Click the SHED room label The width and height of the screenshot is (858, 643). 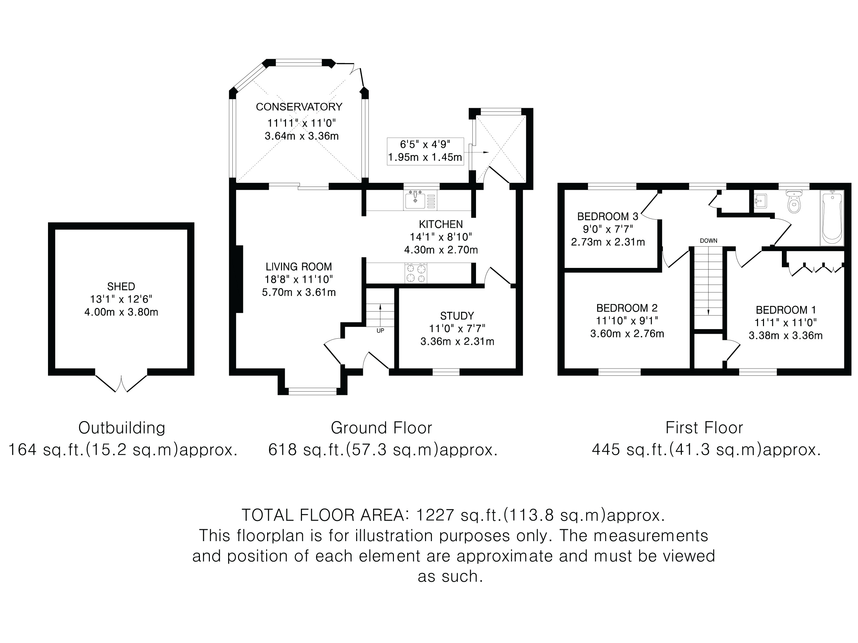[121, 286]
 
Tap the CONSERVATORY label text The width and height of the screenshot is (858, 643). [299, 107]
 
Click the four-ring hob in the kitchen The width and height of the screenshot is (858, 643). [416, 273]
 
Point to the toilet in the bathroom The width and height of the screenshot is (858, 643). [794, 201]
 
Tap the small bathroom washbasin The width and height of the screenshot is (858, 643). [761, 201]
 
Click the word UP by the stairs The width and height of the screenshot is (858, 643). [380, 331]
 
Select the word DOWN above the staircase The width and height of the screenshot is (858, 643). [709, 241]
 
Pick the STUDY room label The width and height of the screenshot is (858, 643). [457, 316]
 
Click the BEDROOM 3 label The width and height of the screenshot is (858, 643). [608, 216]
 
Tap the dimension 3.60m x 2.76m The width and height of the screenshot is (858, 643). [627, 334]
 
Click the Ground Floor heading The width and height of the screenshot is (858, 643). [381, 428]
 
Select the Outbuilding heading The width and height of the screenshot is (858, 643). [122, 428]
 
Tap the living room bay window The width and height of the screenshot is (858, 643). [312, 391]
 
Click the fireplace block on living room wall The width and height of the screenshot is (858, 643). [239, 279]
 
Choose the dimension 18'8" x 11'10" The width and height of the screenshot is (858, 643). [299, 279]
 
